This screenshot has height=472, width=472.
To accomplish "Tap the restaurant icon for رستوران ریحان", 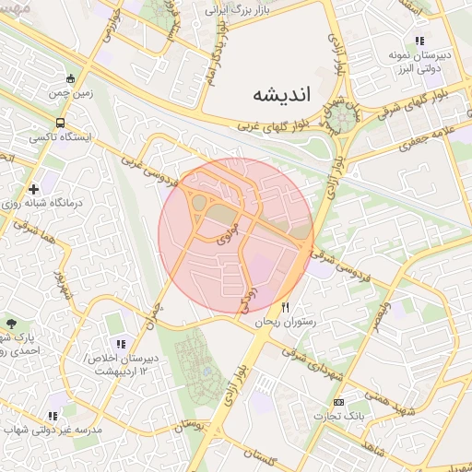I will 286,307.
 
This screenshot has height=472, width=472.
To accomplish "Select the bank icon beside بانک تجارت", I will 338,402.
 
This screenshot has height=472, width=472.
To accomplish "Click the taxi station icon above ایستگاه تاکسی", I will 60,123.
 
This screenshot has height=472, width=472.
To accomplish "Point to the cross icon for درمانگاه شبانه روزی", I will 34,188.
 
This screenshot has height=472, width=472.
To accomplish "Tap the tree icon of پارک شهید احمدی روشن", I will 11,323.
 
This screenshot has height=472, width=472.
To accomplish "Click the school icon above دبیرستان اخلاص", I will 121,344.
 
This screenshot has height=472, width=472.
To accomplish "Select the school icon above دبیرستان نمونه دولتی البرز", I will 420,41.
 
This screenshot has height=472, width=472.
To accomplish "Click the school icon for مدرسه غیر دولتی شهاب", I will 53,415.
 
